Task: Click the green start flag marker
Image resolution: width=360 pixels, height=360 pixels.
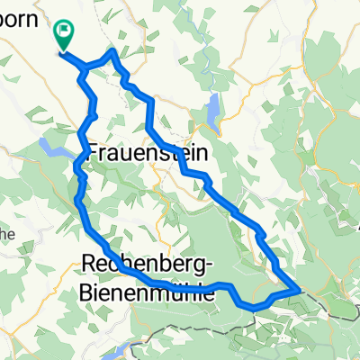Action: click(x=65, y=34)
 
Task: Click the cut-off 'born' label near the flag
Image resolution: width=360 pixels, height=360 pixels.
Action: click(x=22, y=20)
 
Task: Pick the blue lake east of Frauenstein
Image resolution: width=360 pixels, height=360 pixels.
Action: click(x=212, y=112)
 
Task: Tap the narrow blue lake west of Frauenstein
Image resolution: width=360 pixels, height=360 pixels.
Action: click(x=54, y=148)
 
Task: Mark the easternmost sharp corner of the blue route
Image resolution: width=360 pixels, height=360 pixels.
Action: click(x=299, y=290)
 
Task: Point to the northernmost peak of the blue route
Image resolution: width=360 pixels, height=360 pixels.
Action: click(x=112, y=51)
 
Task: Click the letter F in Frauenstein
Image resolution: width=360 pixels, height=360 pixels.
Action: click(x=95, y=155)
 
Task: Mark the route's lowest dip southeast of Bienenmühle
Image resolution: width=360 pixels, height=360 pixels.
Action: click(x=256, y=307)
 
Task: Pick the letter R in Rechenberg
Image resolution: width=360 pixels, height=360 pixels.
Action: click(x=88, y=263)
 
